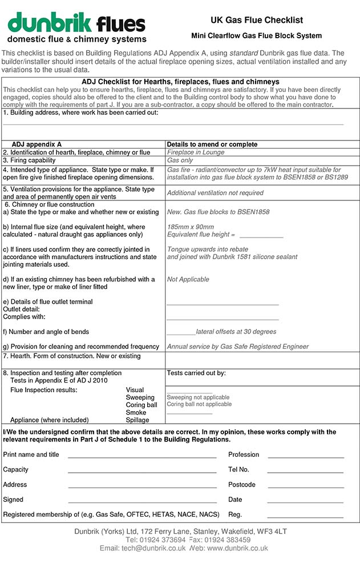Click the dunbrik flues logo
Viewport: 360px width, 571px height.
click(x=76, y=28)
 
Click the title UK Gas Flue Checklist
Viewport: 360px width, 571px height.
click(x=256, y=20)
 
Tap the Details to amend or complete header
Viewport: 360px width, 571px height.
click(x=212, y=144)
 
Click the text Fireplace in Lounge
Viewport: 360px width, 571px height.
click(x=196, y=152)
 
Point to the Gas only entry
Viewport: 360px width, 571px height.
click(x=180, y=160)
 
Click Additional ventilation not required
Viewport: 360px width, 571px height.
click(x=215, y=193)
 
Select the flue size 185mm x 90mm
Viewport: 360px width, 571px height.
click(x=190, y=227)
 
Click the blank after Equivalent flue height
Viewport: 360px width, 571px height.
click(x=261, y=235)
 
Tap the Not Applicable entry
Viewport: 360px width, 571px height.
click(x=188, y=279)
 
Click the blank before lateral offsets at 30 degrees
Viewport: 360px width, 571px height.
click(x=180, y=332)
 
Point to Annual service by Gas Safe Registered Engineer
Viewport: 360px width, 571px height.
click(x=237, y=347)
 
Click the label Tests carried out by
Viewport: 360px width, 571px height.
click(x=196, y=373)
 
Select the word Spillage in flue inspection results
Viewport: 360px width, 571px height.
click(x=137, y=420)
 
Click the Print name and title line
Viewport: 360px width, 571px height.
click(x=141, y=456)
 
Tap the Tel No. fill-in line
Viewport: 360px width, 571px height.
click(x=305, y=472)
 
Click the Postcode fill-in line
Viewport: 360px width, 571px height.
click(x=305, y=486)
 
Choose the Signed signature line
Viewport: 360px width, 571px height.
click(x=141, y=501)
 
